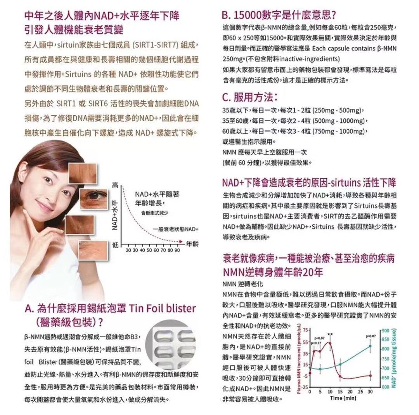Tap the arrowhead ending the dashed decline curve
[182, 242]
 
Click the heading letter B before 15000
[225, 15]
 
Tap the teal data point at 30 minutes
[370, 346]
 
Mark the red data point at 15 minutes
[340, 376]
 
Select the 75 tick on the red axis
[305, 330]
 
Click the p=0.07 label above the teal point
[371, 336]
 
